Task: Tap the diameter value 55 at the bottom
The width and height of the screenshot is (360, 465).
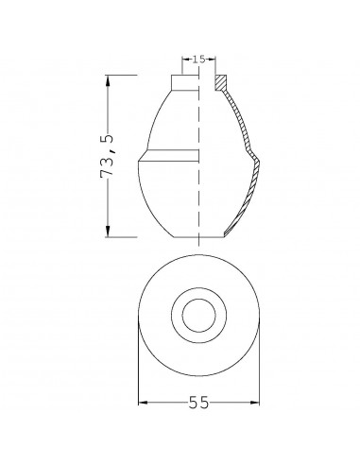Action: [197, 404]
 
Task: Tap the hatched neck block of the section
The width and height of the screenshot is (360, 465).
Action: [222, 83]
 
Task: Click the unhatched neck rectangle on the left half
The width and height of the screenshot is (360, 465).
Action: [184, 83]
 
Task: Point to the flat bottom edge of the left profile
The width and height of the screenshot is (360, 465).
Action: [184, 236]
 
